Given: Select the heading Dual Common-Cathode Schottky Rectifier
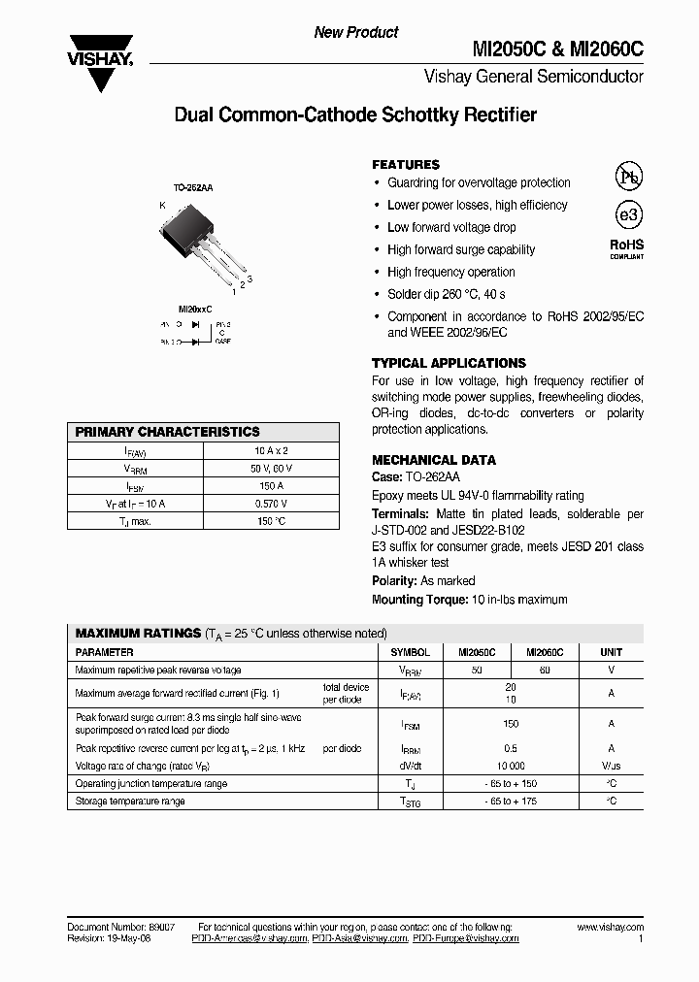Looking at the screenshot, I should (354, 115).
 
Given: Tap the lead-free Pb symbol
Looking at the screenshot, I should (627, 176).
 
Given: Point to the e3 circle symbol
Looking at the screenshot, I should (627, 215).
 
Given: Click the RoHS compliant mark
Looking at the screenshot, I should (626, 248).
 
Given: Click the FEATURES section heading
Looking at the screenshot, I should (406, 165).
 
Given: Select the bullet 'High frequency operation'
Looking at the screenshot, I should (450, 272).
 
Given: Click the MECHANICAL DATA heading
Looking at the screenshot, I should (434, 460).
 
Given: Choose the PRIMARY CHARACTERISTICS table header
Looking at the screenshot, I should (168, 432).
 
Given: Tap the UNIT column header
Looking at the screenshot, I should (611, 652).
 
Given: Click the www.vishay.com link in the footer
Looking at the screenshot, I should (610, 928).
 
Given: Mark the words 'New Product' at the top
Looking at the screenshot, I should (355, 32).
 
